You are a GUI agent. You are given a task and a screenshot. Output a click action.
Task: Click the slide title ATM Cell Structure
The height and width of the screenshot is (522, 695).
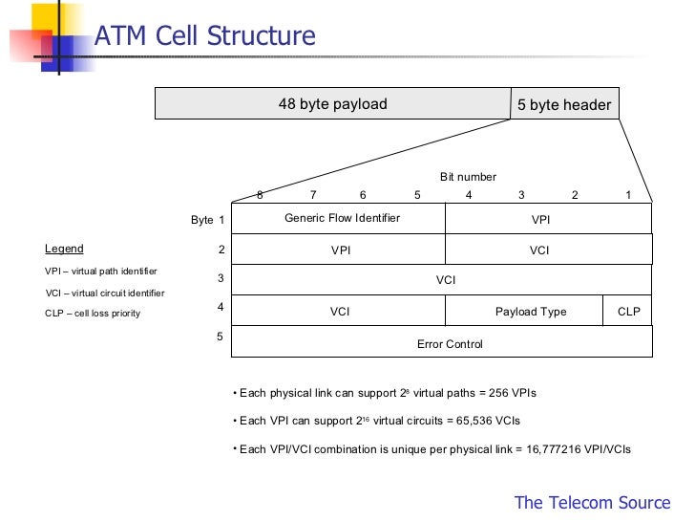pos(205,37)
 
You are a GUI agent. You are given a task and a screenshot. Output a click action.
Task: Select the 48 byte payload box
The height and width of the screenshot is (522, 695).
pos(332,104)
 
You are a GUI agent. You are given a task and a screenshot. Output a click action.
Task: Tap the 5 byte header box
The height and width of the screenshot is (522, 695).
pos(564,105)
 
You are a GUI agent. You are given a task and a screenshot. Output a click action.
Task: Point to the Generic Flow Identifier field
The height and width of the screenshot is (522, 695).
pos(342,218)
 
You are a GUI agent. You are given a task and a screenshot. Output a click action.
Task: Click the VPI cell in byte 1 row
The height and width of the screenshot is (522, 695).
pos(540,219)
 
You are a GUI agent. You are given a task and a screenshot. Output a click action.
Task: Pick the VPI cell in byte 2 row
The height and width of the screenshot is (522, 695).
pos(341,250)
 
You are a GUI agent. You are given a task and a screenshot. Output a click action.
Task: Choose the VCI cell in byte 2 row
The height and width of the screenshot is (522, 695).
pos(539,250)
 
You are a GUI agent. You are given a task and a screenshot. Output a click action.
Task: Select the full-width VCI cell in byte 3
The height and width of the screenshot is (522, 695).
pos(446,280)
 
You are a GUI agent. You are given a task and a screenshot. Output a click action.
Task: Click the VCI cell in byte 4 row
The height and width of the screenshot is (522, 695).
pos(340,312)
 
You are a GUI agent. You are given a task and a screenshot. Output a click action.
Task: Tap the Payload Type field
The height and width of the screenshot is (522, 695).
pos(531,312)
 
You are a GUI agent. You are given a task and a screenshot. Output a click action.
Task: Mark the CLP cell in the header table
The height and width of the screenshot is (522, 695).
pos(629,312)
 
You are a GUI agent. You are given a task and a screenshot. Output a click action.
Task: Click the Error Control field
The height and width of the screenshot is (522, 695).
pos(450,343)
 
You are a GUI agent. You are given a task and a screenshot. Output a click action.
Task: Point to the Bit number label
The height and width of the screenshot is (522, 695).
pos(468,177)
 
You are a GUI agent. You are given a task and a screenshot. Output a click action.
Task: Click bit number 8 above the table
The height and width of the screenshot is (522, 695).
pos(260,195)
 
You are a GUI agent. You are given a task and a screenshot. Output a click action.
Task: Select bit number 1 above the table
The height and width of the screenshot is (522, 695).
pos(628,195)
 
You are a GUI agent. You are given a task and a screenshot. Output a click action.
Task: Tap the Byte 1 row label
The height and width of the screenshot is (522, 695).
pos(207,220)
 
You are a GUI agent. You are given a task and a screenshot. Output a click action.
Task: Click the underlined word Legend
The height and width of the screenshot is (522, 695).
pos(64,249)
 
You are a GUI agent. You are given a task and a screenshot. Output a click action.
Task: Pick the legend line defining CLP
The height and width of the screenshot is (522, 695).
pos(93,314)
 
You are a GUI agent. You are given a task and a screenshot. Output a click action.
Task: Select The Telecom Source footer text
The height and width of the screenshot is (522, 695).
pos(593,502)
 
